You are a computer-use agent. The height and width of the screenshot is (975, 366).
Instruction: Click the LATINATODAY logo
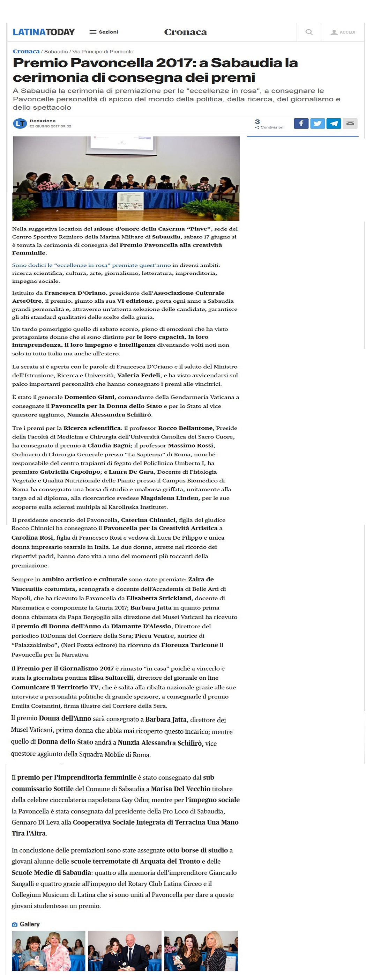point(44,32)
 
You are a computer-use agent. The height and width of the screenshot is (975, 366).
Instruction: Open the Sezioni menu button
point(104,32)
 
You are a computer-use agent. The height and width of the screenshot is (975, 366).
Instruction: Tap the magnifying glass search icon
point(309,32)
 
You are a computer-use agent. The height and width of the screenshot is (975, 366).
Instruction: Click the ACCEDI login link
point(343,32)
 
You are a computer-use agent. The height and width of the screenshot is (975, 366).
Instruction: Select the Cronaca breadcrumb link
point(26,51)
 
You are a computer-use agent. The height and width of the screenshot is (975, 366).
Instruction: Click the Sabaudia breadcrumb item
point(56,51)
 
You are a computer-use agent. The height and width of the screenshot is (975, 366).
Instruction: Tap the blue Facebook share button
point(301,123)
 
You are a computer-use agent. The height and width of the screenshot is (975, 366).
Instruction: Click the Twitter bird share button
point(318,123)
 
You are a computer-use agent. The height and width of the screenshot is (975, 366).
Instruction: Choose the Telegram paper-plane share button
point(334,123)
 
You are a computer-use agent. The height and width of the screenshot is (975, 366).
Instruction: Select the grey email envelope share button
point(350,123)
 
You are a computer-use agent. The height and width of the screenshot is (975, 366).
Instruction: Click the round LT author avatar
point(20,123)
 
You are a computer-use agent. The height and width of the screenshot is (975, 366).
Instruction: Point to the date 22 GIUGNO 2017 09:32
point(50,126)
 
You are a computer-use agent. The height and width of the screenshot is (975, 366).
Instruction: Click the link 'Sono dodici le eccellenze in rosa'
point(91,265)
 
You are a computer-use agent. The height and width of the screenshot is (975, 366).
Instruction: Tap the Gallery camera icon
point(14,924)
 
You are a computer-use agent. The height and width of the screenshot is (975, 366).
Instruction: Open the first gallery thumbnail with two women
point(48,951)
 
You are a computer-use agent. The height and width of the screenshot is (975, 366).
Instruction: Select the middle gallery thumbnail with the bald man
point(125,951)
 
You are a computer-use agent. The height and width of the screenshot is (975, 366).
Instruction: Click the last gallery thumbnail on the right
point(201,951)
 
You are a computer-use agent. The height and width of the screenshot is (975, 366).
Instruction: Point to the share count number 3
point(257,121)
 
